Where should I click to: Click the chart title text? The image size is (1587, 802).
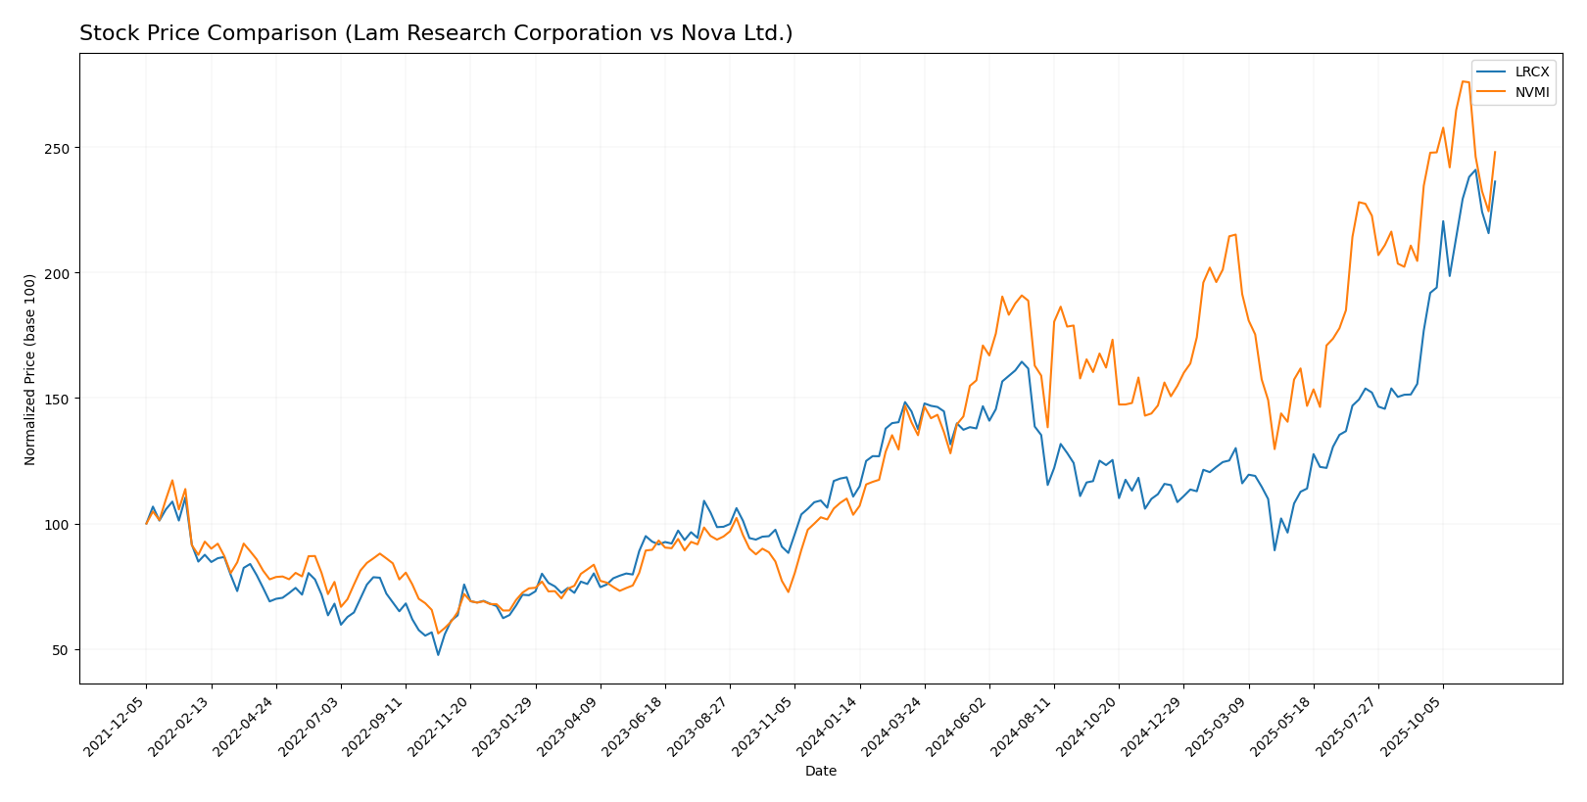(x=436, y=33)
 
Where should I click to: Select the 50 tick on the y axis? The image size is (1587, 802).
(x=62, y=649)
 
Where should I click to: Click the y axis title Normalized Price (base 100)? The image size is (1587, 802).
(x=30, y=369)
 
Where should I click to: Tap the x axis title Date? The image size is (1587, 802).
(x=820, y=771)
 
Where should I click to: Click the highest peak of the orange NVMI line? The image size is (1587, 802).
(x=1464, y=81)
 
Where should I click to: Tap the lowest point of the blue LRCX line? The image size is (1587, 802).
(x=438, y=654)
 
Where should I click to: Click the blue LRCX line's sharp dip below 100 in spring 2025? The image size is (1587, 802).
(x=1274, y=549)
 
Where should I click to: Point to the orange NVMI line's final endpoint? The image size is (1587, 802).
(x=1495, y=152)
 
